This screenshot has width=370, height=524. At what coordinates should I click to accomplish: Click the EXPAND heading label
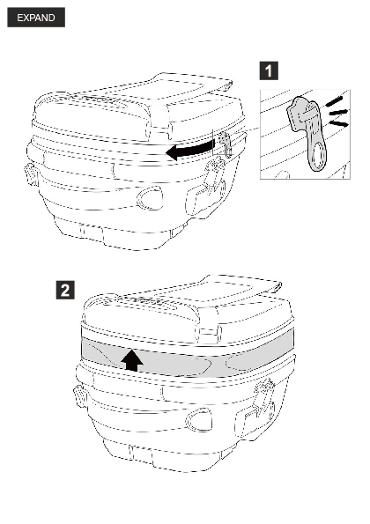pos(36,18)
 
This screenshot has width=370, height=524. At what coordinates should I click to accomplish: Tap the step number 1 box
pos(269,70)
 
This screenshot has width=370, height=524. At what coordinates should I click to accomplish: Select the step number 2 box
pos(65,290)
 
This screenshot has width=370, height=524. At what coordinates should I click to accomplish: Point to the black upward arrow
pos(132,360)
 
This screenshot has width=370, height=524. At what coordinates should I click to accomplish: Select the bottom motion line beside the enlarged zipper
pos(338,124)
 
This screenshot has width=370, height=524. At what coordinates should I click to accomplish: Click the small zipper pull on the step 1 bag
pos(226,144)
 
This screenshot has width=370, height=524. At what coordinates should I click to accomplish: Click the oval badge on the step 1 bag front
pos(150,198)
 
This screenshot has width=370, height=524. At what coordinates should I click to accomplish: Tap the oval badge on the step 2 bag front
pos(199,419)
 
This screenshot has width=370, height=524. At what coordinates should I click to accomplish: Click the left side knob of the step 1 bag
pos(31,173)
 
